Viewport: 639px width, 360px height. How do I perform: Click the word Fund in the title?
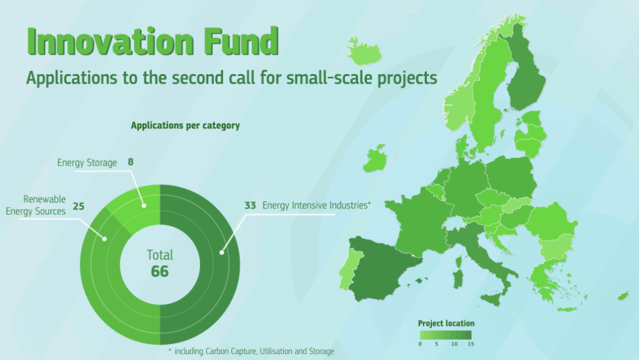coord(241,41)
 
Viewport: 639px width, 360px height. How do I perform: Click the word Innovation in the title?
coord(110,41)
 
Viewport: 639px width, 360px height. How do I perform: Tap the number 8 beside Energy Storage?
coord(130,162)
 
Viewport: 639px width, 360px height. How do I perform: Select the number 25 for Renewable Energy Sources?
coord(79,206)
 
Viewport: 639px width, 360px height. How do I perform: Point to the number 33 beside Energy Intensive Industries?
coord(250,205)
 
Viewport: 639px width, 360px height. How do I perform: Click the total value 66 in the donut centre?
coord(160,272)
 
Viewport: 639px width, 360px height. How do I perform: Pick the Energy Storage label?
coord(87,163)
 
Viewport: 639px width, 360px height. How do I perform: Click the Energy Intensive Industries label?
coord(316,205)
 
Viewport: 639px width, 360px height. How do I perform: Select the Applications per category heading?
coord(186,126)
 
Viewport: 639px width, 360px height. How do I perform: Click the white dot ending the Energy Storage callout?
coord(144,206)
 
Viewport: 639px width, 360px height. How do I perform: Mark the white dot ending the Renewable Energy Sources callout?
coord(104,239)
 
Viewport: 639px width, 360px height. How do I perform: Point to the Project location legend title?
coord(446,323)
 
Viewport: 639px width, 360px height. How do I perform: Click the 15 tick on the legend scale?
coord(471,344)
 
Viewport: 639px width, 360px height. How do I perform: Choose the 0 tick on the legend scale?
coord(420,344)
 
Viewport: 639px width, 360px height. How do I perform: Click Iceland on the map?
coord(364,52)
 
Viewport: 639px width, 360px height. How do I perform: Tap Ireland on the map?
coord(375,159)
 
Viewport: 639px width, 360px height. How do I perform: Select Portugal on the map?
coord(350,270)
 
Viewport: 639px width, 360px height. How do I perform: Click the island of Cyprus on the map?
coord(624,295)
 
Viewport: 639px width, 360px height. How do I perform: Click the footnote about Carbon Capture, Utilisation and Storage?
coord(251,351)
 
